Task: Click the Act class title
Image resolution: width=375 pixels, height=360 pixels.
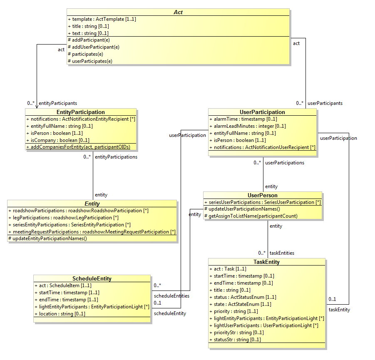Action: tap(178, 12)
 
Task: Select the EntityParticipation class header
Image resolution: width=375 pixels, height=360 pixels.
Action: tap(80, 112)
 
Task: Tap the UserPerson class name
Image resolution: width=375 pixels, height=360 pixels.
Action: tap(262, 195)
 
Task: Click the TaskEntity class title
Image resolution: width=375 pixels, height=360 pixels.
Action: tap(266, 262)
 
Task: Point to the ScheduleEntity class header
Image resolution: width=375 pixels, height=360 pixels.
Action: tap(92, 278)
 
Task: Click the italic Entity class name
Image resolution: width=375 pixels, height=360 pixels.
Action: tap(92, 204)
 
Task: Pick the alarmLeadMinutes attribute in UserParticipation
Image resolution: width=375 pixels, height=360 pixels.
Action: tap(247, 126)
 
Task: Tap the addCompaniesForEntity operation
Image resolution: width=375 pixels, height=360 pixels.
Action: tap(78, 147)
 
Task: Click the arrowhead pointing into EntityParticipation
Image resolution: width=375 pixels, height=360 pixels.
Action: tap(37, 107)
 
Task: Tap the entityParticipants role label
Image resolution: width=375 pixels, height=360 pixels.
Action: tap(58, 103)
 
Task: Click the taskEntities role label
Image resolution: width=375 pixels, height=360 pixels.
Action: tap(282, 253)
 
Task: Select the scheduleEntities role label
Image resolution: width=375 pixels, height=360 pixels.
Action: tap(171, 295)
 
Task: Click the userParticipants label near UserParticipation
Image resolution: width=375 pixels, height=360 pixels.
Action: tap(325, 103)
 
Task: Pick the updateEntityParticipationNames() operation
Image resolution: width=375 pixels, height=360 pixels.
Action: tap(47, 238)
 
